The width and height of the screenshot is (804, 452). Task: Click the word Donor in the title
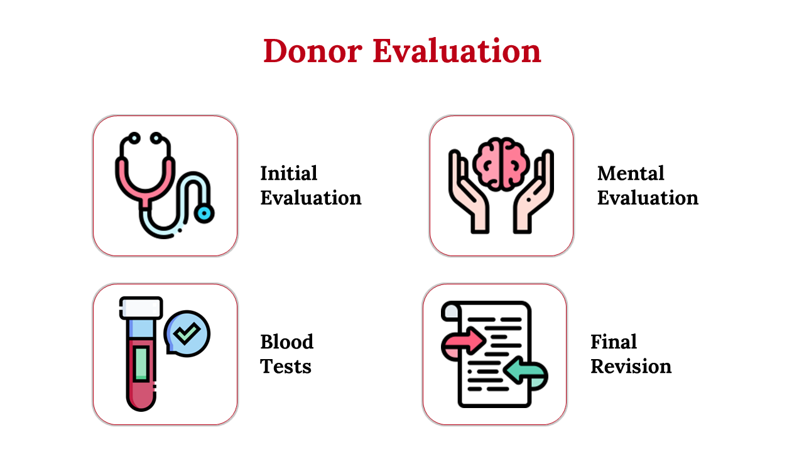pos(313,51)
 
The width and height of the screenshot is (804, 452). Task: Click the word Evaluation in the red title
pos(457,51)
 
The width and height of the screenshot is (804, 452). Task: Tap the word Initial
pos(288,174)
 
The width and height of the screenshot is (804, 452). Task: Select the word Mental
pos(631,174)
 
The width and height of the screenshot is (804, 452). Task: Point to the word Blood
pos(287,342)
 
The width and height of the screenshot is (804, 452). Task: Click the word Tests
pos(286,366)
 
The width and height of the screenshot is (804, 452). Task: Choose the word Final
pos(614,342)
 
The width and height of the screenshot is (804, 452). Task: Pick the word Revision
pos(631,366)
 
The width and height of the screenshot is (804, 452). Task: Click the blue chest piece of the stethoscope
pos(204,213)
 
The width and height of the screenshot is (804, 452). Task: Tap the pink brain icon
pos(501,164)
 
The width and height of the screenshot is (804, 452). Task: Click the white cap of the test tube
pos(141,308)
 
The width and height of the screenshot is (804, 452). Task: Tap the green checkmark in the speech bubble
pos(187,333)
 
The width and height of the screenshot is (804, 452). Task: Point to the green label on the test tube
pos(141,363)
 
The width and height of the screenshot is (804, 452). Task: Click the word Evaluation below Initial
pos(311,198)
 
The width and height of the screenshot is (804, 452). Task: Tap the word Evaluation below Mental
pos(648,198)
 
